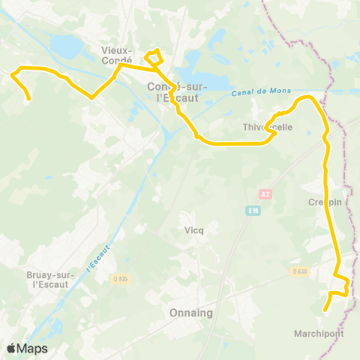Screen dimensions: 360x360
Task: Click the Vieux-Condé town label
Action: (x=116, y=55)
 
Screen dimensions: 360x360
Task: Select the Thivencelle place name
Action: (x=268, y=127)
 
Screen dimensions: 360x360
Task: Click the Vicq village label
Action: (x=193, y=230)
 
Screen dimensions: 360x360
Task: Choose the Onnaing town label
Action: (x=192, y=313)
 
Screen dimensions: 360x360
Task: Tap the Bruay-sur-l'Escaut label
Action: (x=48, y=279)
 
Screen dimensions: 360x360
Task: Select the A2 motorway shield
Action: (x=265, y=194)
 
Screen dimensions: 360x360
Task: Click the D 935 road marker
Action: (x=121, y=279)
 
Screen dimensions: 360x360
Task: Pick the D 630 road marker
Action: (x=300, y=271)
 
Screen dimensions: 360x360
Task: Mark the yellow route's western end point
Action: (x=28, y=98)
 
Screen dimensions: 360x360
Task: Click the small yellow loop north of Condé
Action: (x=154, y=56)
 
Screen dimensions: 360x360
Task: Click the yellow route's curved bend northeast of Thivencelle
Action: (x=306, y=98)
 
